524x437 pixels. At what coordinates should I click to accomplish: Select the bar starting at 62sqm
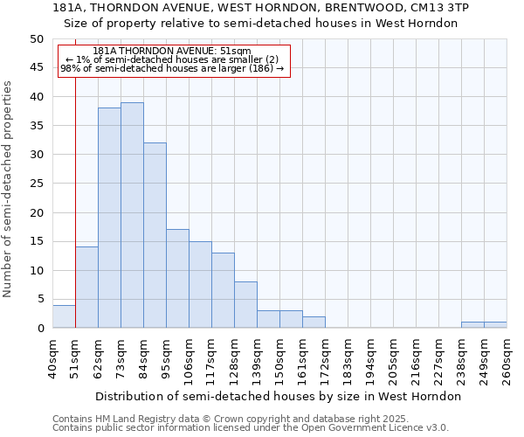109,218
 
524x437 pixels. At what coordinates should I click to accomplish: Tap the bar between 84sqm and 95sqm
155,235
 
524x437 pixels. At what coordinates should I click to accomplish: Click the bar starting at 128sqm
245,305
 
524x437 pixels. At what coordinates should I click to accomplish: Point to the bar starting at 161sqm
314,323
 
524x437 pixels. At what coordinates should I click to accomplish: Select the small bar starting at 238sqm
472,325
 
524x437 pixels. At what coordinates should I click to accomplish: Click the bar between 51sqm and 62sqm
86,288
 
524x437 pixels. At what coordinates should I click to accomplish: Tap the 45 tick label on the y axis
36,68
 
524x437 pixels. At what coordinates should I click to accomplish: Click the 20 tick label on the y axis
36,212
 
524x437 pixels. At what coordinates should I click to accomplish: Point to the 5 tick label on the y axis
39,299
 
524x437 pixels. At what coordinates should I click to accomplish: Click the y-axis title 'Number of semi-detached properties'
8,188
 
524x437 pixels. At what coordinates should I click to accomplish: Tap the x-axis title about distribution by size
278,396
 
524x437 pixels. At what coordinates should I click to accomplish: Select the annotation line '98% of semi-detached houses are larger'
172,69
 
